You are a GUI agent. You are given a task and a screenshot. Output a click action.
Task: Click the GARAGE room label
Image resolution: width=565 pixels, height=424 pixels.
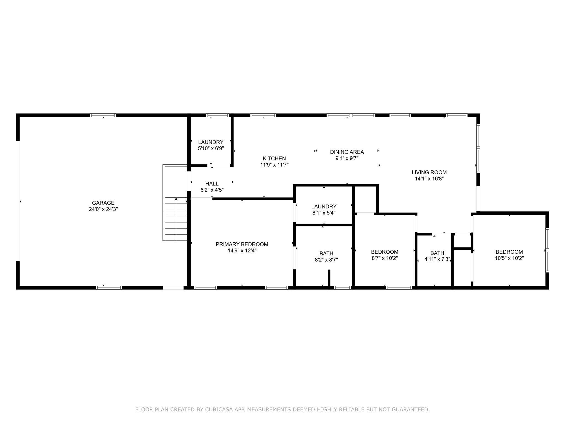point(103,203)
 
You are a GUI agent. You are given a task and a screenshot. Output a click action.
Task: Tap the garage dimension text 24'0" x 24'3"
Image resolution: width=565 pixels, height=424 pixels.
point(103,209)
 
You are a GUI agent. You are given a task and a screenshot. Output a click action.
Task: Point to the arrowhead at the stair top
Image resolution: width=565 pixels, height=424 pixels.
point(176,199)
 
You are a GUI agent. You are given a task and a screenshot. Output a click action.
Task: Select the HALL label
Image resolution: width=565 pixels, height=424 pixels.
point(212,184)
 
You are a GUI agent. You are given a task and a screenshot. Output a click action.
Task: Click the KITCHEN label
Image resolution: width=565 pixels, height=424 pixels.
point(274,158)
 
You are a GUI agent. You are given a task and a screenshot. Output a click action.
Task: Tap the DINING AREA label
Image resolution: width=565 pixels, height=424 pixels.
point(347,152)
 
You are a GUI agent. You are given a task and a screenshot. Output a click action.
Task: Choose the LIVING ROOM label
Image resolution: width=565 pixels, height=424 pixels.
point(429,172)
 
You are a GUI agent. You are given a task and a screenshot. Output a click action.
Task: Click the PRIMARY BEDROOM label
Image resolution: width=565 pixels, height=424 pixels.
point(242,244)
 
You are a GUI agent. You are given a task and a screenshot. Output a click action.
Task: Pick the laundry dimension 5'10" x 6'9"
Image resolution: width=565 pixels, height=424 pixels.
point(211,148)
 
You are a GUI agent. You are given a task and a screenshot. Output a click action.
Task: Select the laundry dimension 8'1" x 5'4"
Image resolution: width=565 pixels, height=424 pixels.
point(324,213)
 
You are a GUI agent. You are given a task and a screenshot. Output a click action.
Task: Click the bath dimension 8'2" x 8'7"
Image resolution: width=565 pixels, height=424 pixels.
point(326,260)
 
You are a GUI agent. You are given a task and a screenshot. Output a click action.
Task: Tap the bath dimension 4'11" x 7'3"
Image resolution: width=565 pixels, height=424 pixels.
point(437,259)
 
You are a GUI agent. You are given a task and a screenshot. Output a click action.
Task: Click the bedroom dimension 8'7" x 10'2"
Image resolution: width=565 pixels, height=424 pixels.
point(385,258)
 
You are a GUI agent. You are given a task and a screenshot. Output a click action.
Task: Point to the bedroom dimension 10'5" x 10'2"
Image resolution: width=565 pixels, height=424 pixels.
point(509,258)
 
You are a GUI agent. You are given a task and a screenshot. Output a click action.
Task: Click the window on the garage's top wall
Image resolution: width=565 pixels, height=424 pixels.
point(103,115)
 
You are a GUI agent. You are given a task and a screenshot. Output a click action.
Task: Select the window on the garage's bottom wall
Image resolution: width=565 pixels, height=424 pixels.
point(109,288)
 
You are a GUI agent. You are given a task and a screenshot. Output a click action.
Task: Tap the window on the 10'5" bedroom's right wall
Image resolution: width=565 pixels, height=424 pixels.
point(547,250)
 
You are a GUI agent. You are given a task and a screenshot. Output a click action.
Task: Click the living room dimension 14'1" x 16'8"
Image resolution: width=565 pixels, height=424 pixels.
point(429,179)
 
